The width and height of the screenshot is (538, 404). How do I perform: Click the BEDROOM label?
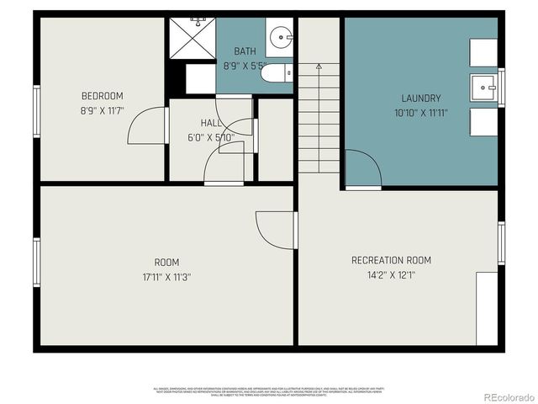pyautogui.click(x=102, y=96)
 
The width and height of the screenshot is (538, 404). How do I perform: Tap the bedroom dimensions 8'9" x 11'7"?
pyautogui.click(x=102, y=110)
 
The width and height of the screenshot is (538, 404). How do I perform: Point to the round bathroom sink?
pyautogui.click(x=280, y=36)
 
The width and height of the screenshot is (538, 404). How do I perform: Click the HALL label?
pyautogui.click(x=211, y=123)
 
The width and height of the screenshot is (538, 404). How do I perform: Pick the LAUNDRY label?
pyautogui.click(x=420, y=98)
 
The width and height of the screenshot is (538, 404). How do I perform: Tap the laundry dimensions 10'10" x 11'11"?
pyautogui.click(x=420, y=113)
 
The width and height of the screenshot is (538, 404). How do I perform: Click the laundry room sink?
pyautogui.click(x=483, y=85)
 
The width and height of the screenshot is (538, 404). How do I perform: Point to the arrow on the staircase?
pyautogui.click(x=319, y=65)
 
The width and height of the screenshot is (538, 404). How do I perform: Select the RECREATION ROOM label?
pyautogui.click(x=391, y=260)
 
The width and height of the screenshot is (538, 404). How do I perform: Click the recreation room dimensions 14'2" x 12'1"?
pyautogui.click(x=391, y=275)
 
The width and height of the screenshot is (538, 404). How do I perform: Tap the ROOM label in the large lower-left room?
pyautogui.click(x=166, y=262)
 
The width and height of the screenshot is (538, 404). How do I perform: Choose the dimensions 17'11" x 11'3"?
pyautogui.click(x=166, y=277)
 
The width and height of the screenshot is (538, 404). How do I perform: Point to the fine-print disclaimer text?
pyautogui.click(x=268, y=391)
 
